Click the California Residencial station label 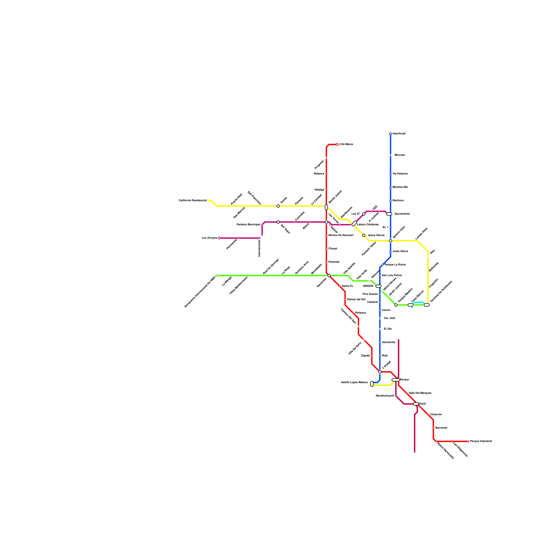click(x=193, y=200)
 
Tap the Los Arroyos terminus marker click(x=219, y=238)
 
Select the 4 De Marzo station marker click(x=337, y=144)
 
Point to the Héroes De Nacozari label click(x=341, y=235)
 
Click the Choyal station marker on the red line click(x=326, y=249)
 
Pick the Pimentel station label click(x=334, y=262)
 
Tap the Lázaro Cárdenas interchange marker click(x=354, y=223)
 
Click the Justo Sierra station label click(x=400, y=251)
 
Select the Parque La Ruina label click(x=395, y=265)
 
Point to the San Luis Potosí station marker click(x=380, y=276)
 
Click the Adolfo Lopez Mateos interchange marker click(x=372, y=384)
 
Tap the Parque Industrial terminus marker click(x=468, y=441)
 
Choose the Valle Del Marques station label click(x=420, y=393)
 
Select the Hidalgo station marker click(x=326, y=190)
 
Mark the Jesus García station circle click(x=364, y=235)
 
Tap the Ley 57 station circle click(x=364, y=214)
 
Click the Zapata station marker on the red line click(x=372, y=356)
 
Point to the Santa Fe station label click(x=347, y=286)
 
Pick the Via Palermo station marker click(x=391, y=174)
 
